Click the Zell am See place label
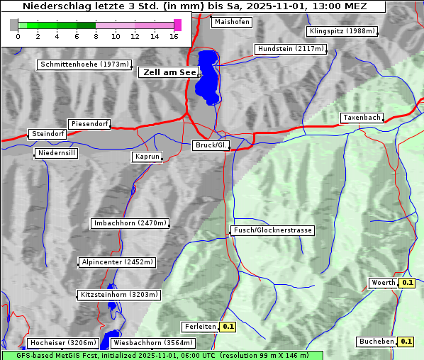167,72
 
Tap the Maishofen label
231,22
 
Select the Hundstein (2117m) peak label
290,49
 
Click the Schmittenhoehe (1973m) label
84,64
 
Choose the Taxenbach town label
362,118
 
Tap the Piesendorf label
89,124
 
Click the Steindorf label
48,134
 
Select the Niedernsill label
56,153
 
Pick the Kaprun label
147,157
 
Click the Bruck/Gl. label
211,145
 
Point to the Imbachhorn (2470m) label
130,223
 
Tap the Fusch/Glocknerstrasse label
272,230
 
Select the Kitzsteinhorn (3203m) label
119,294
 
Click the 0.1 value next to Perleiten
228,327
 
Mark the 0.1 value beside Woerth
407,283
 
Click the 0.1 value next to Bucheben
406,342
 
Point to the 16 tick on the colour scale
174,36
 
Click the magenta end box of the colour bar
177,25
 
